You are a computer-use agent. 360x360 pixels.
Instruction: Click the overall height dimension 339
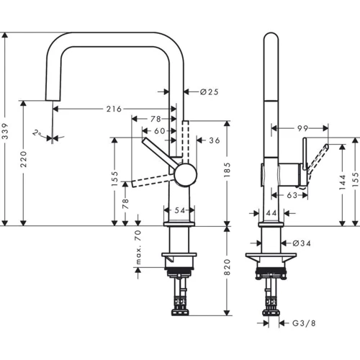point(6,130)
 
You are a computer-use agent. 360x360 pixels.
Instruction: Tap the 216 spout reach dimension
point(113,109)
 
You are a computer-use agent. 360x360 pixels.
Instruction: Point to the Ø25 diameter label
point(199,91)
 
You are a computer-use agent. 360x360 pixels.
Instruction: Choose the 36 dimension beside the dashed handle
point(215,140)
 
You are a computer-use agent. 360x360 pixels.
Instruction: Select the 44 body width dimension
point(271,214)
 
